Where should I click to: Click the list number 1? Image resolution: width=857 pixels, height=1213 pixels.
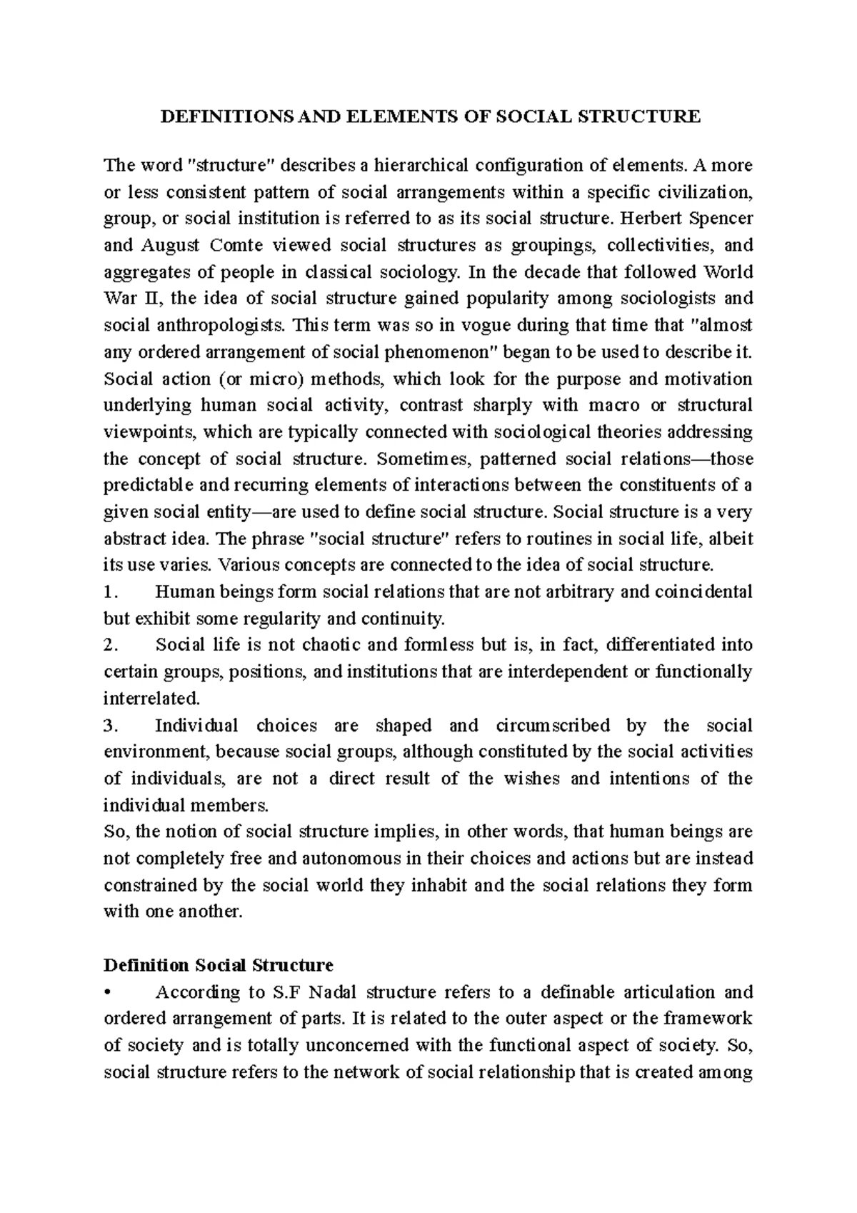tap(109, 592)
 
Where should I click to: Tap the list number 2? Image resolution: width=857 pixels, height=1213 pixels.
tap(109, 646)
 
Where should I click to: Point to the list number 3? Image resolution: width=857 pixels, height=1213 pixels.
tap(109, 726)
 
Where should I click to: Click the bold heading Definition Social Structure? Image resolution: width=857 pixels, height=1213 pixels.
tap(219, 966)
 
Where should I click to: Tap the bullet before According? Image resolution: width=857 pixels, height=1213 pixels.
tap(108, 993)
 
